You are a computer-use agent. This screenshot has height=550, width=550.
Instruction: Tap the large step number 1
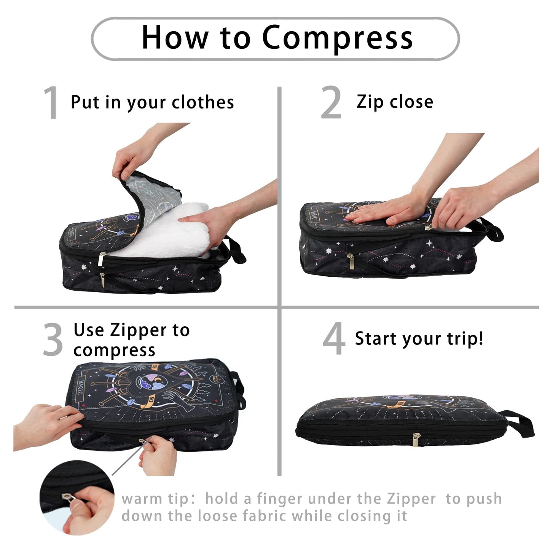51,102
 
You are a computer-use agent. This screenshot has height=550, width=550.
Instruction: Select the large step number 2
331,102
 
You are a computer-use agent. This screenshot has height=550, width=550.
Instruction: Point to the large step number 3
53,340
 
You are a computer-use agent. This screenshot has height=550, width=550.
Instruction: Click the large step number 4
333,339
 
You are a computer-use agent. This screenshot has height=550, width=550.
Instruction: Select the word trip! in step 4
465,338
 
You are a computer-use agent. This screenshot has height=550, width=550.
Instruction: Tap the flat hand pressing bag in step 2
384,213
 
